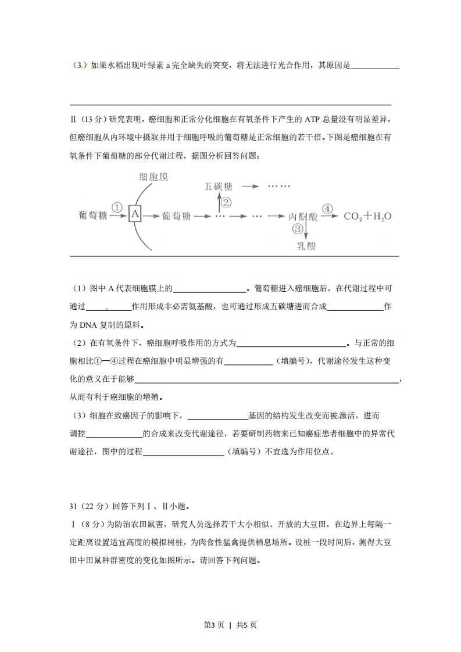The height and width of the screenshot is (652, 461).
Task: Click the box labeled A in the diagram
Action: point(135,215)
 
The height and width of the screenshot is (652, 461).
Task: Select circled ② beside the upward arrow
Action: point(226,202)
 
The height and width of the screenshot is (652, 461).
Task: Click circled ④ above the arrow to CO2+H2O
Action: point(327,208)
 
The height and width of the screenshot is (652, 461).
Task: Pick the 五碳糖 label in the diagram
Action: point(219,187)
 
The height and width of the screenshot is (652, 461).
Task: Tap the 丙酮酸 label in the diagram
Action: point(303,216)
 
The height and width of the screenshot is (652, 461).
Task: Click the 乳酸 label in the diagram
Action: point(306,245)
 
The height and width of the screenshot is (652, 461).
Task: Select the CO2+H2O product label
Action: point(367,216)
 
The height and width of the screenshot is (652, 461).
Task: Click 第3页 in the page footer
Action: point(214,625)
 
